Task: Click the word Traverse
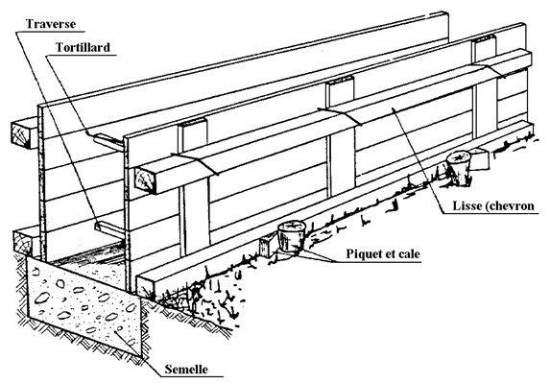(51, 24)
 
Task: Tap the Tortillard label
(83, 47)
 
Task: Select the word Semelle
(186, 369)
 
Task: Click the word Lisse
(466, 205)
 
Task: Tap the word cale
(409, 253)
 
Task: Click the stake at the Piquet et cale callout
(291, 236)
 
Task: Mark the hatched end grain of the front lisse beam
(145, 180)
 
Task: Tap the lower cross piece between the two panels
(109, 228)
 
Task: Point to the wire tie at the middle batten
(340, 116)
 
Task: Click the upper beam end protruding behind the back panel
(25, 134)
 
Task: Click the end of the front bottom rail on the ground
(146, 286)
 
